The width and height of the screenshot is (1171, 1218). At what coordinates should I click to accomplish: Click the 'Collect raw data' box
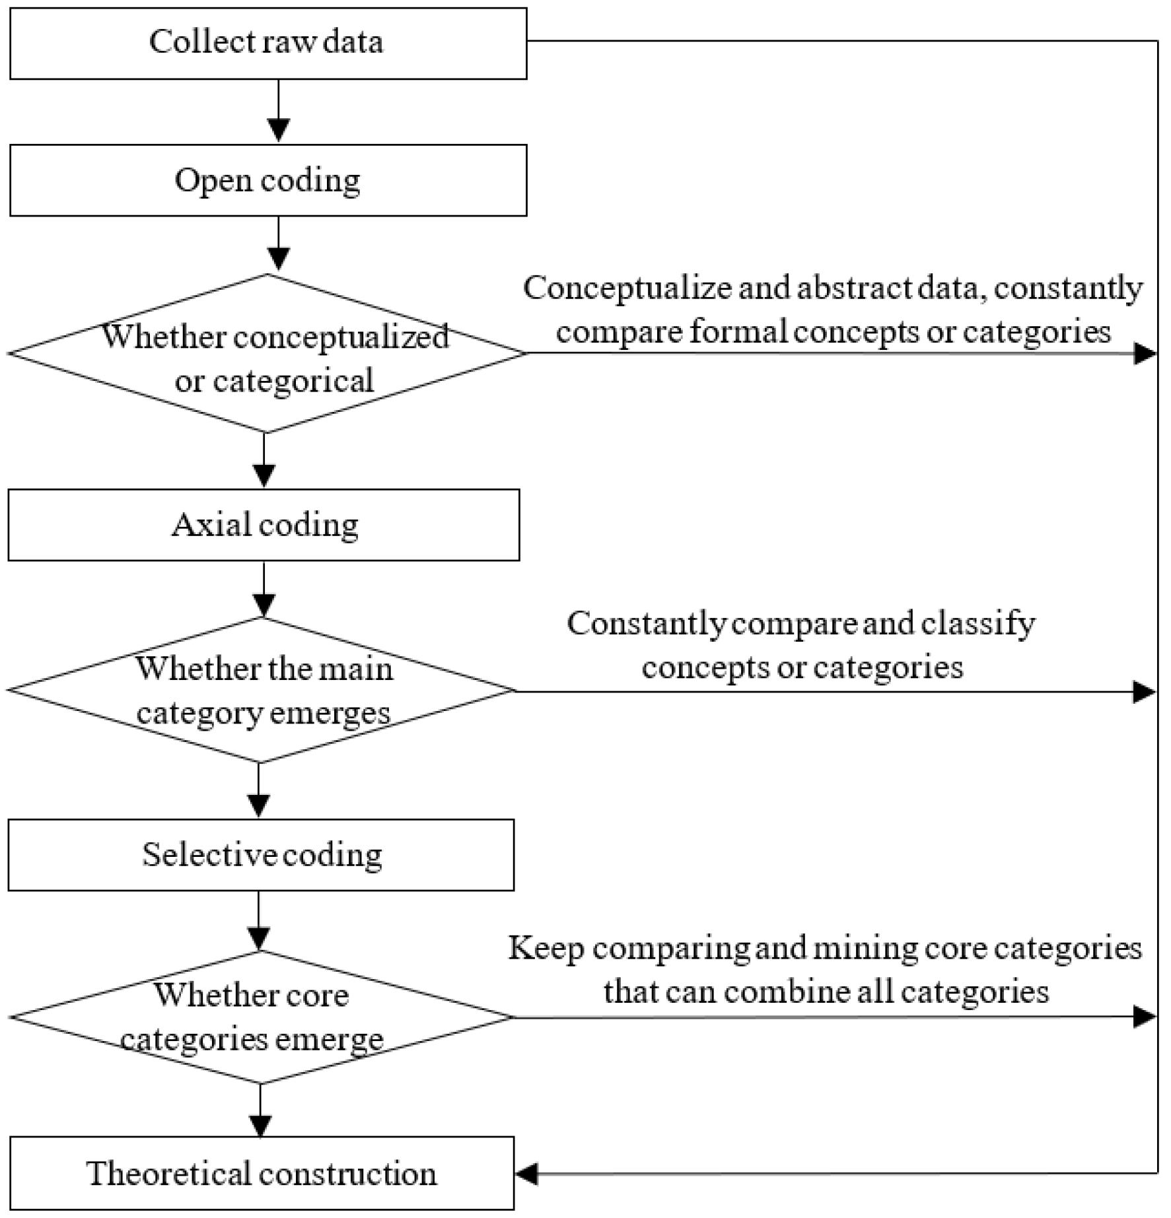point(268,44)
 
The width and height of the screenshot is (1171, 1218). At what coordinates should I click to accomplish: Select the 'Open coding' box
point(268,180)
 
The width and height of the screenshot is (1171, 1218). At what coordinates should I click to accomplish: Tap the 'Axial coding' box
point(264,525)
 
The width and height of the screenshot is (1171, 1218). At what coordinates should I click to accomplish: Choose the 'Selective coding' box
point(261,855)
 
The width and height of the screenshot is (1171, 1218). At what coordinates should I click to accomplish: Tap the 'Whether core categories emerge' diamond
point(261,1017)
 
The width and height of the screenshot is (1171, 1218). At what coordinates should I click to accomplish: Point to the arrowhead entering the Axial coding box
point(264,475)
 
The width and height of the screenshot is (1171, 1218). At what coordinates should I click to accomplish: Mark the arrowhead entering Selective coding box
point(258,805)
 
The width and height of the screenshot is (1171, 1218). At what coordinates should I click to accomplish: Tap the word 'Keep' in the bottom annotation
point(546,949)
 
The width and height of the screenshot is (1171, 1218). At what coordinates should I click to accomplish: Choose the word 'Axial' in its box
point(211,525)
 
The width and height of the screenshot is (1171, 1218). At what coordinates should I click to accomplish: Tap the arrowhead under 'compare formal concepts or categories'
point(1145,354)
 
